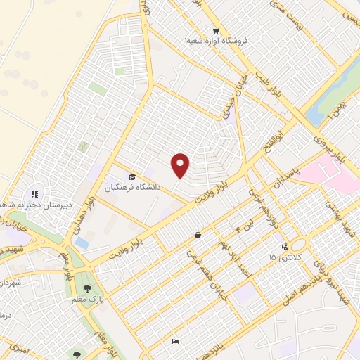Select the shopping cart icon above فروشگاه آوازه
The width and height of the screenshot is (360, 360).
(x=216, y=31)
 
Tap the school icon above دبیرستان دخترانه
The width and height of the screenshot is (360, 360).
(x=33, y=194)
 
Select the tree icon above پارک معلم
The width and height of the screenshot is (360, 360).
(x=88, y=288)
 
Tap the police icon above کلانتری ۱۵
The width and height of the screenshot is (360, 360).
(x=285, y=247)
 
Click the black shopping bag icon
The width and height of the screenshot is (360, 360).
(x=198, y=236)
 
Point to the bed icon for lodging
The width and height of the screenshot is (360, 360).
(x=175, y=342)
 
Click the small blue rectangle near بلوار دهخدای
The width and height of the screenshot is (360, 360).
(x=82, y=243)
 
